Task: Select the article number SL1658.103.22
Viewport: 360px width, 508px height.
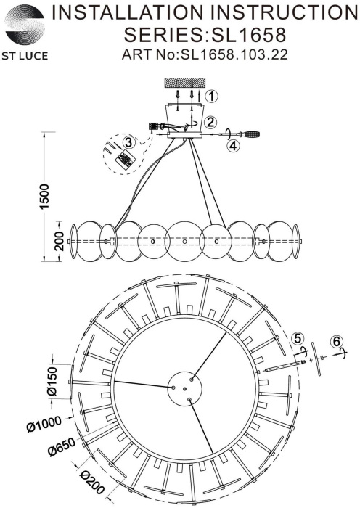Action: pyautogui.click(x=234, y=54)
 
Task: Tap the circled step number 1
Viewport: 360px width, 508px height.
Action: pyautogui.click(x=211, y=97)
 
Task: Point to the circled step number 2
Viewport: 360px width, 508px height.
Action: pyautogui.click(x=210, y=122)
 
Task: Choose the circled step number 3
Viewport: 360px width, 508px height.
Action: pyautogui.click(x=128, y=142)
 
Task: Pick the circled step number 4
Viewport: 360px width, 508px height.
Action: pyautogui.click(x=233, y=145)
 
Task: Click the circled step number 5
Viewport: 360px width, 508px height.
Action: pyautogui.click(x=298, y=339)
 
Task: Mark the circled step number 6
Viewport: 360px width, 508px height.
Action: pyautogui.click(x=336, y=341)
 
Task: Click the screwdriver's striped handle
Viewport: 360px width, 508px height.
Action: pyautogui.click(x=251, y=134)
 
